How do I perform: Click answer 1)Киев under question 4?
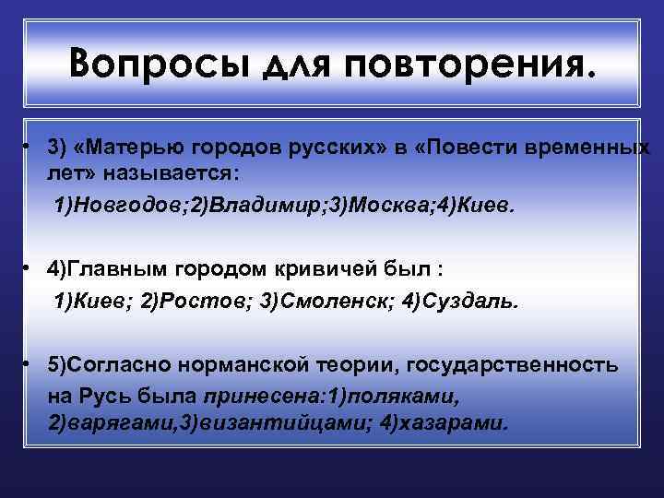click(x=92, y=302)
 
